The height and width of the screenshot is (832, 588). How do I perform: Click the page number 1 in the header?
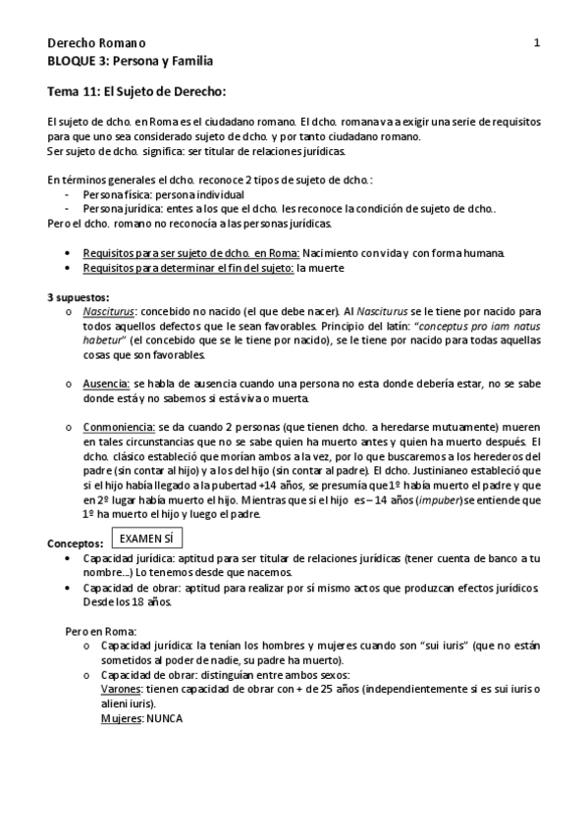[536, 43]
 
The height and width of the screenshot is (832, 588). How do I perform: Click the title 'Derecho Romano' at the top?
[96, 43]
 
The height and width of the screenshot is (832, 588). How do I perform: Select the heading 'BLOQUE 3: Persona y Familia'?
[130, 60]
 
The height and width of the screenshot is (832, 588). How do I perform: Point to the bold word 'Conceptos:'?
[76, 544]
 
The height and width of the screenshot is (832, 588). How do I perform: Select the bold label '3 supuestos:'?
[79, 296]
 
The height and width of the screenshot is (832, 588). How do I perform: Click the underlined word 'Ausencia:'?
[106, 386]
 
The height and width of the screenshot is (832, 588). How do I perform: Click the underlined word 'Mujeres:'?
[123, 718]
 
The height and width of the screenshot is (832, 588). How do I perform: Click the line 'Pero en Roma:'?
[100, 632]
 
